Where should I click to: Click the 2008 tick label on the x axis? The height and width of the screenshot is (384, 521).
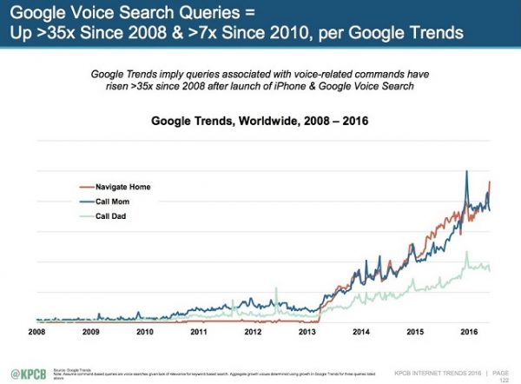point(36,332)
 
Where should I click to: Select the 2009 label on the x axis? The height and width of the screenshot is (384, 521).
point(90,332)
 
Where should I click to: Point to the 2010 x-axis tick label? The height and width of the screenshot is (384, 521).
point(144,332)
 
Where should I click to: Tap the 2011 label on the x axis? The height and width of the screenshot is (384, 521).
point(199,332)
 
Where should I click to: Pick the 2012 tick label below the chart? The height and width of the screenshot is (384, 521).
point(253,332)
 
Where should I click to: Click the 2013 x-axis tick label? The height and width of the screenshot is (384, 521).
point(307,332)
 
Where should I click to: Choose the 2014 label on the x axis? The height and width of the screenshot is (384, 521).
point(360,332)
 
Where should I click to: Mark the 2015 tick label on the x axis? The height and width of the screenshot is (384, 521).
point(415,332)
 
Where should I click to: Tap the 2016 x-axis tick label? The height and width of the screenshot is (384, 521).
point(469,332)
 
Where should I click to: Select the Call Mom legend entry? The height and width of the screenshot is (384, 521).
point(111,202)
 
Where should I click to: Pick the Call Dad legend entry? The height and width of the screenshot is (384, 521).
point(110,216)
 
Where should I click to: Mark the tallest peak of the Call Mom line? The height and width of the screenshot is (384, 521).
point(468,172)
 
